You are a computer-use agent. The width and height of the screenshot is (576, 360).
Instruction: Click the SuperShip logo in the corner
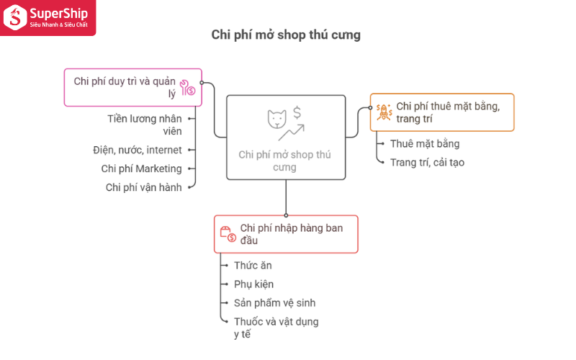click(x=48, y=17)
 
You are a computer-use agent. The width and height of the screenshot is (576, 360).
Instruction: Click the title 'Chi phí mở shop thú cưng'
click(x=286, y=35)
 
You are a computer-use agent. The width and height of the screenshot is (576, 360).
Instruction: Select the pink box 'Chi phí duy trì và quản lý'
click(x=132, y=87)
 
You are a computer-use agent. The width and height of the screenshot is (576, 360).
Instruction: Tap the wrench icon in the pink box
click(x=187, y=88)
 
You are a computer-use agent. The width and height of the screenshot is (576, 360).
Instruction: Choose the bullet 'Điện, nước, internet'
click(x=138, y=150)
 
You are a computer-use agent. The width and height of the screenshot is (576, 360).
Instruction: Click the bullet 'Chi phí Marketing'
click(x=142, y=168)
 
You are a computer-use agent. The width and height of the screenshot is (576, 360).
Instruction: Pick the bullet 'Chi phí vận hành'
click(x=143, y=187)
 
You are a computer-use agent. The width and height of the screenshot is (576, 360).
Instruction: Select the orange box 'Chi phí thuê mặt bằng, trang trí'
click(x=442, y=112)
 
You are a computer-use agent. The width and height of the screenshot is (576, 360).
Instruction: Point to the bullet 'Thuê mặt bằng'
click(x=424, y=144)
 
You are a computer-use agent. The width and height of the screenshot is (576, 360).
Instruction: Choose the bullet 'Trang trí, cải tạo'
click(x=427, y=163)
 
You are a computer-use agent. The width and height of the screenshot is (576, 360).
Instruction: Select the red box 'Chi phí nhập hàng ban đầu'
click(x=286, y=234)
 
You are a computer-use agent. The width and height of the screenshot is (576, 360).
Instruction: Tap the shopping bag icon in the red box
click(x=228, y=234)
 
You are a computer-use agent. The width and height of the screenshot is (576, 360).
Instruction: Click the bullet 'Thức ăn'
click(x=253, y=266)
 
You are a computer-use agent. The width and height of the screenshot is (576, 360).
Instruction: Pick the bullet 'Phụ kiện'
click(x=253, y=284)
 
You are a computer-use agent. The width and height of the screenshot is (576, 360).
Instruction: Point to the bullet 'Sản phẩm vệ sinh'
click(x=274, y=303)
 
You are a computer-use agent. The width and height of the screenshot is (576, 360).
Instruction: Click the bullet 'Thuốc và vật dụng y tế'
click(x=276, y=328)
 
